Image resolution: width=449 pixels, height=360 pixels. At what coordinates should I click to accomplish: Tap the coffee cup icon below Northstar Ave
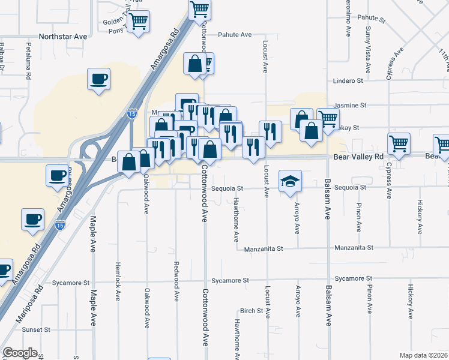click(98, 79)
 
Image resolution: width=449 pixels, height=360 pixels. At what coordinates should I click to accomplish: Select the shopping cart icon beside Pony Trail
click(139, 22)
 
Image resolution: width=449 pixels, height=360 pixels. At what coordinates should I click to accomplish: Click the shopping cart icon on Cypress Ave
click(399, 143)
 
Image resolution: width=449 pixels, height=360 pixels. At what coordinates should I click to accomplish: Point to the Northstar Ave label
click(63, 37)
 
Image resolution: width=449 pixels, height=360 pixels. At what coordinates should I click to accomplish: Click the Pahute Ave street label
click(234, 35)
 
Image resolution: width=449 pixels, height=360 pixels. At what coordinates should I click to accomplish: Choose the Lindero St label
click(349, 80)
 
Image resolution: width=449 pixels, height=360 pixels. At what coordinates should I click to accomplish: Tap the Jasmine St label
click(350, 105)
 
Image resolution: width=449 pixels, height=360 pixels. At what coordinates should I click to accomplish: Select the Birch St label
click(252, 311)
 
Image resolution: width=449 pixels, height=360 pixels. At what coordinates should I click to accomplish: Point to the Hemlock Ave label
click(118, 281)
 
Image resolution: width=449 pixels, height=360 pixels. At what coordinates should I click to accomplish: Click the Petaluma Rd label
click(28, 60)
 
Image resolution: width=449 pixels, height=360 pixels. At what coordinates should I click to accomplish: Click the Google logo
click(20, 353)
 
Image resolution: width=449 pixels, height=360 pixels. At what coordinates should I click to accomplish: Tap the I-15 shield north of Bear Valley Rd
click(132, 113)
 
